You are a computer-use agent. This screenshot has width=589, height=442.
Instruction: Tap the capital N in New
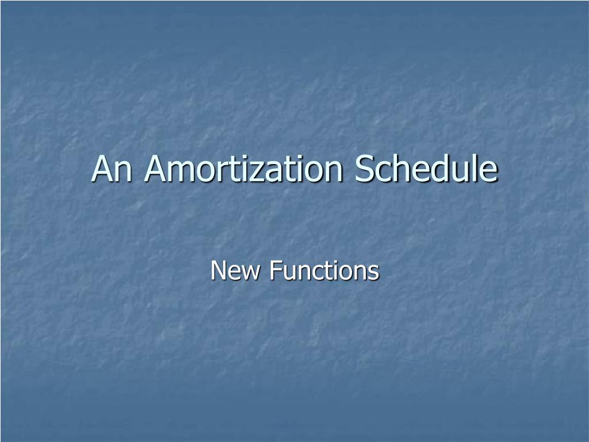[x=219, y=270]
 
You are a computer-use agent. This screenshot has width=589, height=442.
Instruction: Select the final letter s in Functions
[x=374, y=272]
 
